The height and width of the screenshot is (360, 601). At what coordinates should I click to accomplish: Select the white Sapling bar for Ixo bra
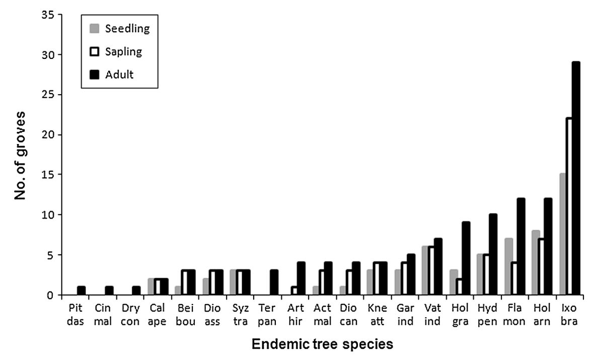(569, 206)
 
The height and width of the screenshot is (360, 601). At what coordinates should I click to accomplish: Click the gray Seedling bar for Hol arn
(535, 262)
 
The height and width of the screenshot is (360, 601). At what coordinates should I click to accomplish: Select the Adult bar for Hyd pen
(493, 254)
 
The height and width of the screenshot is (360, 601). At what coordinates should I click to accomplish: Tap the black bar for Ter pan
(274, 282)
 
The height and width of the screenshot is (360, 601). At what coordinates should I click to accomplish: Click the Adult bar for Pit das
(81, 291)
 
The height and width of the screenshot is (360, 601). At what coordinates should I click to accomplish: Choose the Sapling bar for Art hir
(294, 291)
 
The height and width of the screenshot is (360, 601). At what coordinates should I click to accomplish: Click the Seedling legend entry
(127, 28)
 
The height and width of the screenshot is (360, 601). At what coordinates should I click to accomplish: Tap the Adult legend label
(119, 75)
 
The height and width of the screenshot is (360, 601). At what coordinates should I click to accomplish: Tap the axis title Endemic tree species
(322, 345)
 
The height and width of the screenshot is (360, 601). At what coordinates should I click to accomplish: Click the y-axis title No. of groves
(20, 155)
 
